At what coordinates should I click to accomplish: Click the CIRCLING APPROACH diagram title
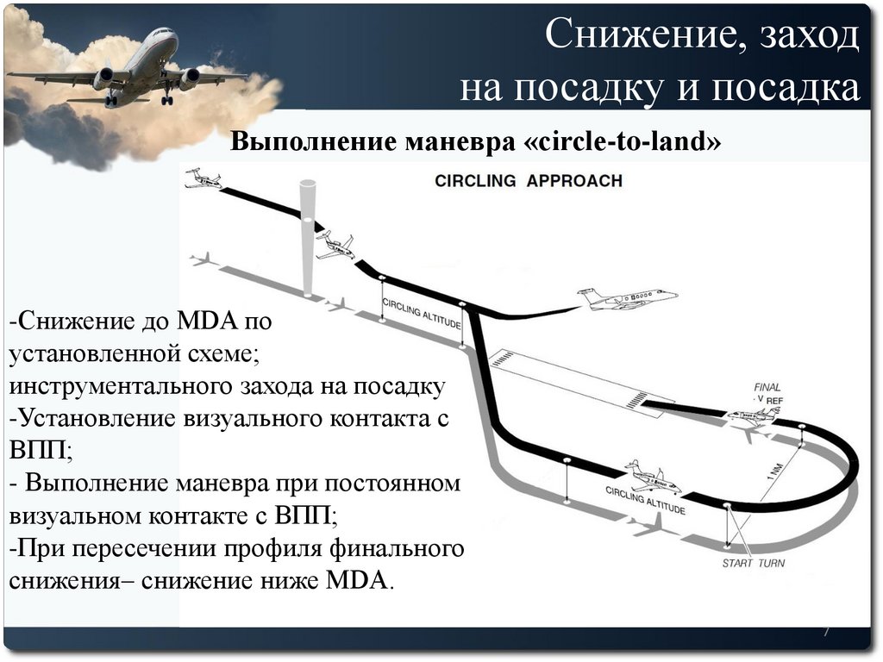(x=528, y=181)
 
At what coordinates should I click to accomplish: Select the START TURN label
(x=754, y=563)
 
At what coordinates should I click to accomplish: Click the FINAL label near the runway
(x=767, y=387)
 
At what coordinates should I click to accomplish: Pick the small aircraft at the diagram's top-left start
(x=204, y=178)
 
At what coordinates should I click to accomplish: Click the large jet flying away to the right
(x=627, y=300)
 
